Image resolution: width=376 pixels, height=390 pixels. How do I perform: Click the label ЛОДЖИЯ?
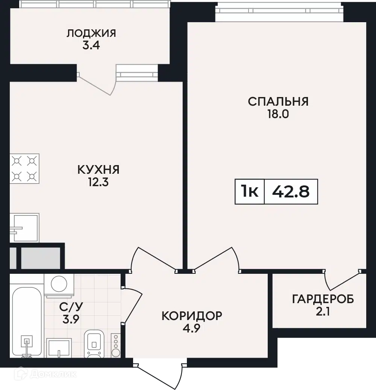tap(91, 33)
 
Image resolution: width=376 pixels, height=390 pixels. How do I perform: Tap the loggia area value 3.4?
tap(91, 46)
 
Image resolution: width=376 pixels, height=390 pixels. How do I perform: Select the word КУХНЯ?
tap(99, 170)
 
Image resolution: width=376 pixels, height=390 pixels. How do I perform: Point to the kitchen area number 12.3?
tap(99, 182)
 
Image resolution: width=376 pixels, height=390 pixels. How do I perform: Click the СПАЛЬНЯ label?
tap(278, 102)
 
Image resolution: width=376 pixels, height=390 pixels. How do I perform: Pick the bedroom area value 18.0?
tap(278, 114)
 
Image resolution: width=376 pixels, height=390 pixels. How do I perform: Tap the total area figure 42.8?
tap(291, 192)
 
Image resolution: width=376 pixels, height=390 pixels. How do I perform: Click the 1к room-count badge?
tap(250, 191)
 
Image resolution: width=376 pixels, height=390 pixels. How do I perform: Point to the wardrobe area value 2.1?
tap(323, 311)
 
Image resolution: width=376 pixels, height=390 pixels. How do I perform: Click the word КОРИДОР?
tap(192, 316)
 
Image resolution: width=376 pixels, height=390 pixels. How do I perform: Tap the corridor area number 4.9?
tap(191, 328)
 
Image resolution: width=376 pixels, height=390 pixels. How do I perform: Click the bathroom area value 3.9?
tap(71, 319)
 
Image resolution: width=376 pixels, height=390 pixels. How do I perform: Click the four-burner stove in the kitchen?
tap(24, 168)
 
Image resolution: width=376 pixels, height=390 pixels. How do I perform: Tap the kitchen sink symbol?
tap(24, 228)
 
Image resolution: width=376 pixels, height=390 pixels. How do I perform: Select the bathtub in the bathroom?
tap(27, 322)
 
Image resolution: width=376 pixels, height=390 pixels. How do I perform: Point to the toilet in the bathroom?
tap(94, 344)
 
